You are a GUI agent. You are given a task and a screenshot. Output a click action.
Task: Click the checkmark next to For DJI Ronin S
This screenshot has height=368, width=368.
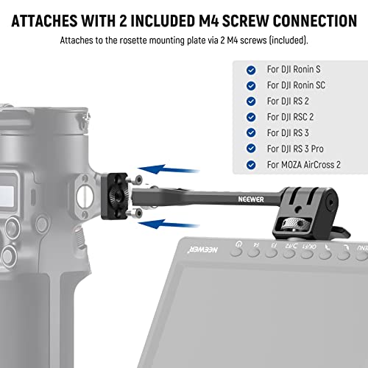[252, 69]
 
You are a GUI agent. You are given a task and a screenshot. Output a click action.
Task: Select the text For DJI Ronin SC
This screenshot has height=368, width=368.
[297, 85]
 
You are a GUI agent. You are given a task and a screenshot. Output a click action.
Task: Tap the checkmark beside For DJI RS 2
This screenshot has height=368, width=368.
[252, 101]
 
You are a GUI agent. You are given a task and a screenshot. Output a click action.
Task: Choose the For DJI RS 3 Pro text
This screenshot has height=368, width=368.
[294, 148]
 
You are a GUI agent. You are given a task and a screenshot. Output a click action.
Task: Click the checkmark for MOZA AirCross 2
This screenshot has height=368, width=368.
[252, 164]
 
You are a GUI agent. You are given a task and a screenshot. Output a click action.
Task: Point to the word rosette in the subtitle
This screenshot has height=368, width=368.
[138, 40]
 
